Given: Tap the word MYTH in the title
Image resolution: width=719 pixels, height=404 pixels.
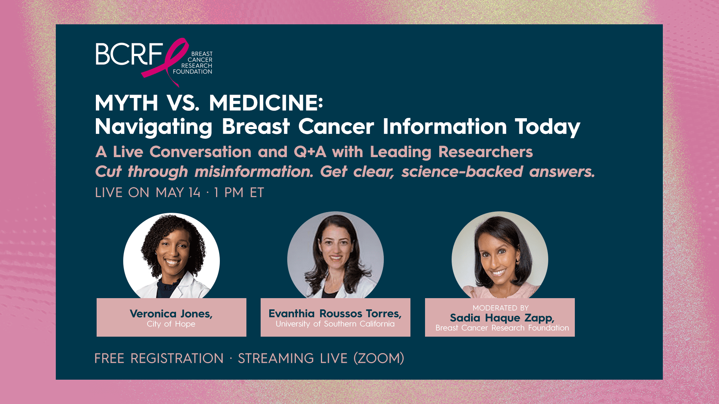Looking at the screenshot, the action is click(x=127, y=103).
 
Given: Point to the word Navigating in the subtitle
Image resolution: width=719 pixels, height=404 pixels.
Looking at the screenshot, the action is click(x=154, y=127).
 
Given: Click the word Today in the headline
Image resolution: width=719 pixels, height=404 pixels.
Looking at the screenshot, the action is click(x=547, y=127).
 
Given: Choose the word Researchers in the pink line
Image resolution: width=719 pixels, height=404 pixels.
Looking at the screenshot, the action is click(x=485, y=152).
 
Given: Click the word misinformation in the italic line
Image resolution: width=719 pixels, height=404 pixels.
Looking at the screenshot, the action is click(x=254, y=172).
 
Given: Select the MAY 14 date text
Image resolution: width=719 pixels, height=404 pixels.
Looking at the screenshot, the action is click(x=178, y=193).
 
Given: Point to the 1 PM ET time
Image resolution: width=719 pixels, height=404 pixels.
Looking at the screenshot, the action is click(x=239, y=193).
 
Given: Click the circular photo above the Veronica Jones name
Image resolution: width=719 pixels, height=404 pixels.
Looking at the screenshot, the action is click(x=172, y=256).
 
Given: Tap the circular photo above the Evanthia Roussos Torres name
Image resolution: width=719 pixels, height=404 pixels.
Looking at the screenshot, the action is click(x=336, y=255).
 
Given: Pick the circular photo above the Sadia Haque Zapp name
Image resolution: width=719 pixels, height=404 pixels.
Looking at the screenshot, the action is click(x=500, y=255).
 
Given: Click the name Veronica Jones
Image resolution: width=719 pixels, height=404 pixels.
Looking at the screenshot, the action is click(x=171, y=313).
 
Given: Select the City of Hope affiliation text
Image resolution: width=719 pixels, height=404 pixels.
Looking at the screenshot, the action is click(x=171, y=324).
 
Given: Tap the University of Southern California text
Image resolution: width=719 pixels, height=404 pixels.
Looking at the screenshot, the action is click(x=335, y=324).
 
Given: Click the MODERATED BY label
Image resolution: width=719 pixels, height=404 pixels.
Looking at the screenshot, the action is click(x=501, y=308).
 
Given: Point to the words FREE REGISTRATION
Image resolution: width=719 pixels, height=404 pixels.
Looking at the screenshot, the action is click(x=159, y=358).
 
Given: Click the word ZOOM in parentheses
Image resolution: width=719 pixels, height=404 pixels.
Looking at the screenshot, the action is click(x=379, y=358).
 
